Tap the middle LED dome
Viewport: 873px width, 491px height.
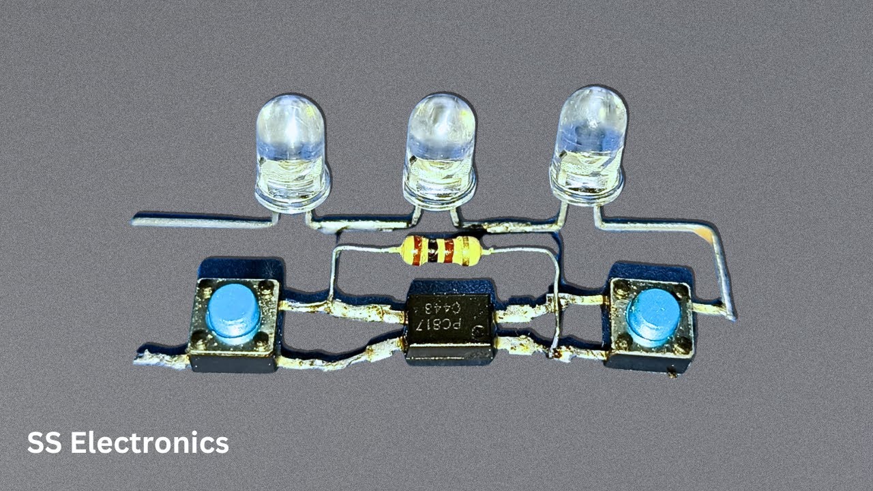point(441,151)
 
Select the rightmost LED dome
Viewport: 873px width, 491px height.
point(588,145)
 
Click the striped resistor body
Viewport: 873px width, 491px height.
point(441,252)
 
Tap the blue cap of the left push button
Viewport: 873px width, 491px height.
point(233,314)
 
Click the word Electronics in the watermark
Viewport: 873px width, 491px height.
point(149,443)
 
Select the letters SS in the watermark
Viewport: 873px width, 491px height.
point(44,443)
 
